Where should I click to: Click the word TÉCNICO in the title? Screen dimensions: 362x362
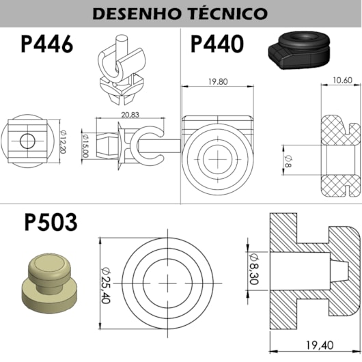pos(229,13)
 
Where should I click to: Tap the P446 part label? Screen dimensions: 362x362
pos(47,44)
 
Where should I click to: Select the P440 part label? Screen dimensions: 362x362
pos(217,44)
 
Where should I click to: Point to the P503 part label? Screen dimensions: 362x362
pos(51,222)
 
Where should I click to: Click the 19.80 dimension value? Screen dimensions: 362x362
pos(218,82)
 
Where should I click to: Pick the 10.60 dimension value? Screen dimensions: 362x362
pos(343,81)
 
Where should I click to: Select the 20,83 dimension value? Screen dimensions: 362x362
pos(130,115)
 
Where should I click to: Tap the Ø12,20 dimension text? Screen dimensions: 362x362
pos(64,141)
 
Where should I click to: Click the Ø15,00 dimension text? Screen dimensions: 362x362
pos(85,146)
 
